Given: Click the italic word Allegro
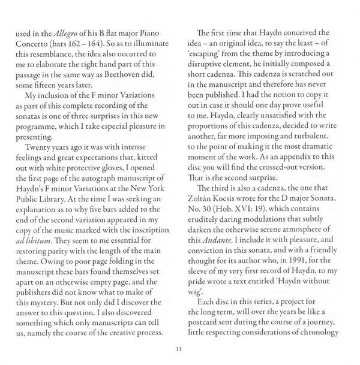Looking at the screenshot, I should (65, 32).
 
